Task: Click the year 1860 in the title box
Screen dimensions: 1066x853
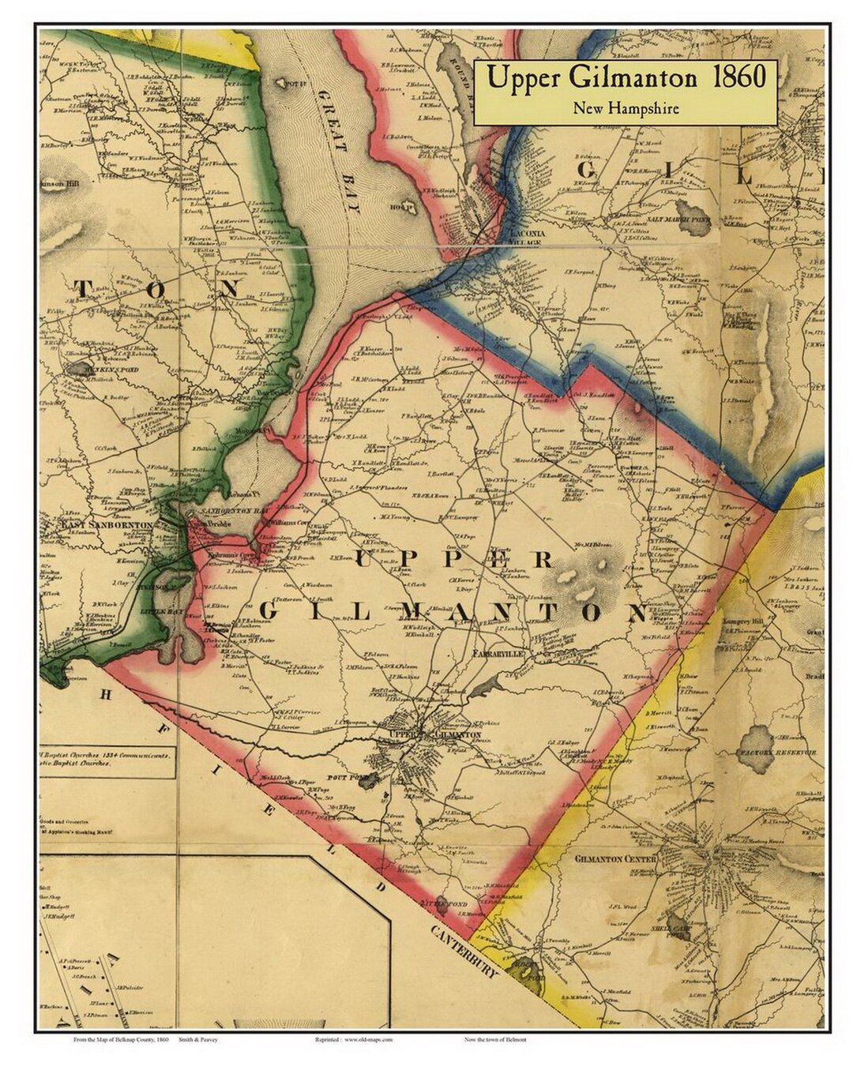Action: coord(738,78)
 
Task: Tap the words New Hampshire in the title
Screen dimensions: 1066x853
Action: coord(626,108)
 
